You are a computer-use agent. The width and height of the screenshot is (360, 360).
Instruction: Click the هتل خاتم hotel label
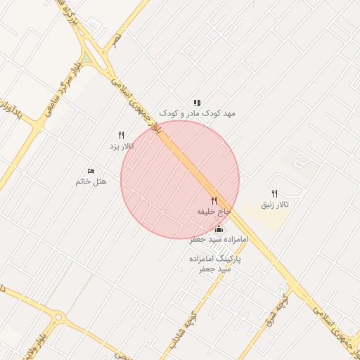(91, 182)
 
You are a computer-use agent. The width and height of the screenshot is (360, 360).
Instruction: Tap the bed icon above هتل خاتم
(91, 172)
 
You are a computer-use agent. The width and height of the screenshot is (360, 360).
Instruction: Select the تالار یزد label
(121, 146)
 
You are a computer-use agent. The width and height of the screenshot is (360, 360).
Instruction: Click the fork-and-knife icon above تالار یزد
(121, 135)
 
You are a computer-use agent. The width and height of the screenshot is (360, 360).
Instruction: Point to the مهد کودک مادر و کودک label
(197, 112)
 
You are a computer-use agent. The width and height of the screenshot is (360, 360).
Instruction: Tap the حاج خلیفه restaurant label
(214, 211)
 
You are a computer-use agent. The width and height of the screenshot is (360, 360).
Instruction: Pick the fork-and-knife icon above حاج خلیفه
(214, 201)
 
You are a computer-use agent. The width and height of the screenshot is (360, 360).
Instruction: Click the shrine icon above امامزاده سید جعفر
(219, 229)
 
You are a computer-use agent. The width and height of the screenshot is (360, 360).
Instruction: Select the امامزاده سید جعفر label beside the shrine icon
(219, 240)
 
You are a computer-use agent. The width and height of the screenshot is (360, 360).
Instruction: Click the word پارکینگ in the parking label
(226, 259)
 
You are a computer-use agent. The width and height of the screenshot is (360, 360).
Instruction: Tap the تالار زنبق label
(275, 204)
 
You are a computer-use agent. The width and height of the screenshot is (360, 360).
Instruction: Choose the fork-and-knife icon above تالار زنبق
(275, 193)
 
